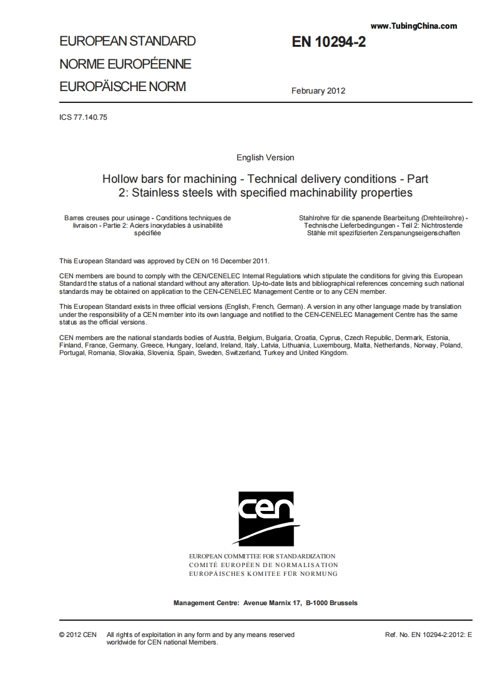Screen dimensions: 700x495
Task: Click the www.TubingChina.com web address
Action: (x=413, y=26)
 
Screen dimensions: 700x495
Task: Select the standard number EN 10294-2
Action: (x=328, y=42)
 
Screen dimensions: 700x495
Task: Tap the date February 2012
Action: (x=318, y=90)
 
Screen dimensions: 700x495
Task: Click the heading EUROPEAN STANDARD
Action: (x=127, y=42)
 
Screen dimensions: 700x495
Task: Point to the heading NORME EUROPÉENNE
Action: (x=125, y=64)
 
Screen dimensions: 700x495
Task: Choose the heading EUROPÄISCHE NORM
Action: (x=122, y=87)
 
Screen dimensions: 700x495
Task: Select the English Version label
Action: (x=265, y=157)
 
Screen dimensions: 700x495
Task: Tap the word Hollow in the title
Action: (x=119, y=179)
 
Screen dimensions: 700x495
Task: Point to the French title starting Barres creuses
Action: (x=147, y=225)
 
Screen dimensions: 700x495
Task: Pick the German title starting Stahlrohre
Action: (x=379, y=225)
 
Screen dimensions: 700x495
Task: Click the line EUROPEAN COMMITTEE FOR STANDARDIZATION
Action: (x=262, y=556)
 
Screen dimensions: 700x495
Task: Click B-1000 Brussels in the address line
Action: (x=331, y=603)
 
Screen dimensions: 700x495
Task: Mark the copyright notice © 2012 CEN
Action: (x=77, y=634)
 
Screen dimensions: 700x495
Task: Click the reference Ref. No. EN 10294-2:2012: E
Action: (x=428, y=634)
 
